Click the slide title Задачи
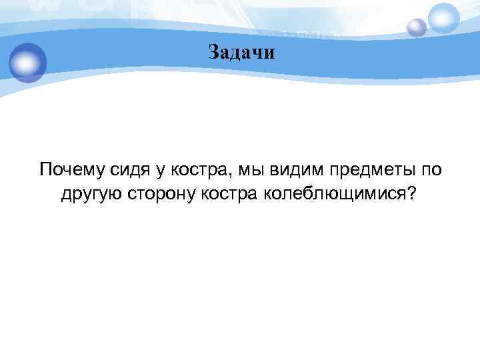coord(241,52)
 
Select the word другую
coord(90,194)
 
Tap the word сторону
coord(156,194)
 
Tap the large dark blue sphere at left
coord(27,62)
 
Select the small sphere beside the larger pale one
coord(417,27)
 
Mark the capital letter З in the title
coord(212,52)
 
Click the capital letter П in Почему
coord(46,170)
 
